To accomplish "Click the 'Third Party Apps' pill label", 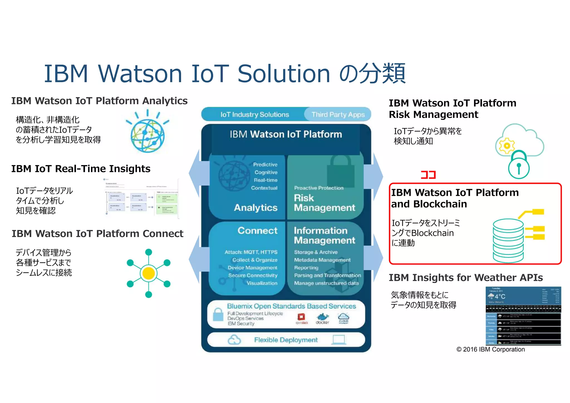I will (338, 114).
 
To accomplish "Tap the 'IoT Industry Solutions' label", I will (255, 114).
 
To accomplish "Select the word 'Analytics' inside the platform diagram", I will (256, 207).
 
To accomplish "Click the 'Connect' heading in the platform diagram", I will (257, 231).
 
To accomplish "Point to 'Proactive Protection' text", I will (319, 188).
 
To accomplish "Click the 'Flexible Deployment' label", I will (286, 340).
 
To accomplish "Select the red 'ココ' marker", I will (428, 175).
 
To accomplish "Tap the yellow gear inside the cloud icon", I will (507, 146).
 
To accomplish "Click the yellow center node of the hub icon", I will (149, 273).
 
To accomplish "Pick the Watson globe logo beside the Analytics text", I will (148, 135).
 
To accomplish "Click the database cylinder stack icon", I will (508, 240).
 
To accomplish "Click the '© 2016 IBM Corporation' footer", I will (490, 350).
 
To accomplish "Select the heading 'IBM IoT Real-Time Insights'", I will (81, 169).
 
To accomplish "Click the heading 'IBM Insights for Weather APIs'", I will (466, 278).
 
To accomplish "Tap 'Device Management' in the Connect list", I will (252, 268).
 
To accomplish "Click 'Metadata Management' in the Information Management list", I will (322, 260).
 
